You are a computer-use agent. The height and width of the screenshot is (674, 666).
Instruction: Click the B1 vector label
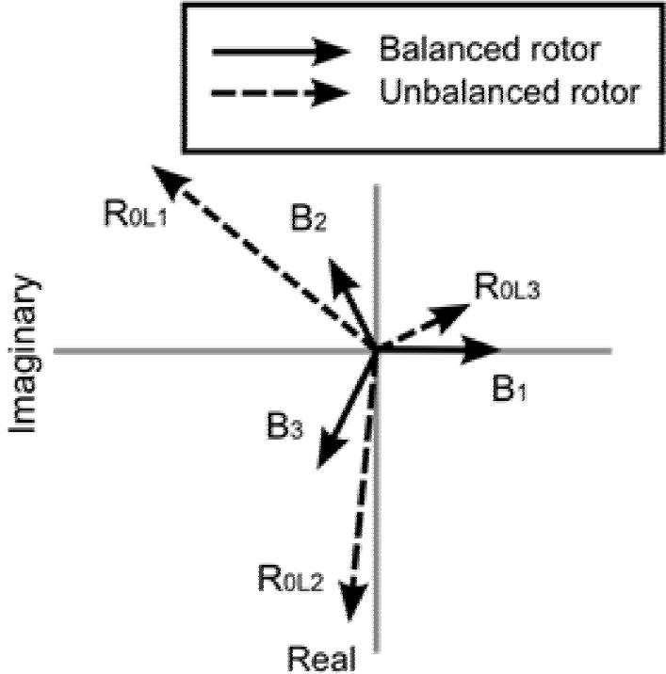pyautogui.click(x=508, y=388)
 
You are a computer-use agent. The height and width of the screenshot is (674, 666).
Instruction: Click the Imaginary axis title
pyautogui.click(x=26, y=354)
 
